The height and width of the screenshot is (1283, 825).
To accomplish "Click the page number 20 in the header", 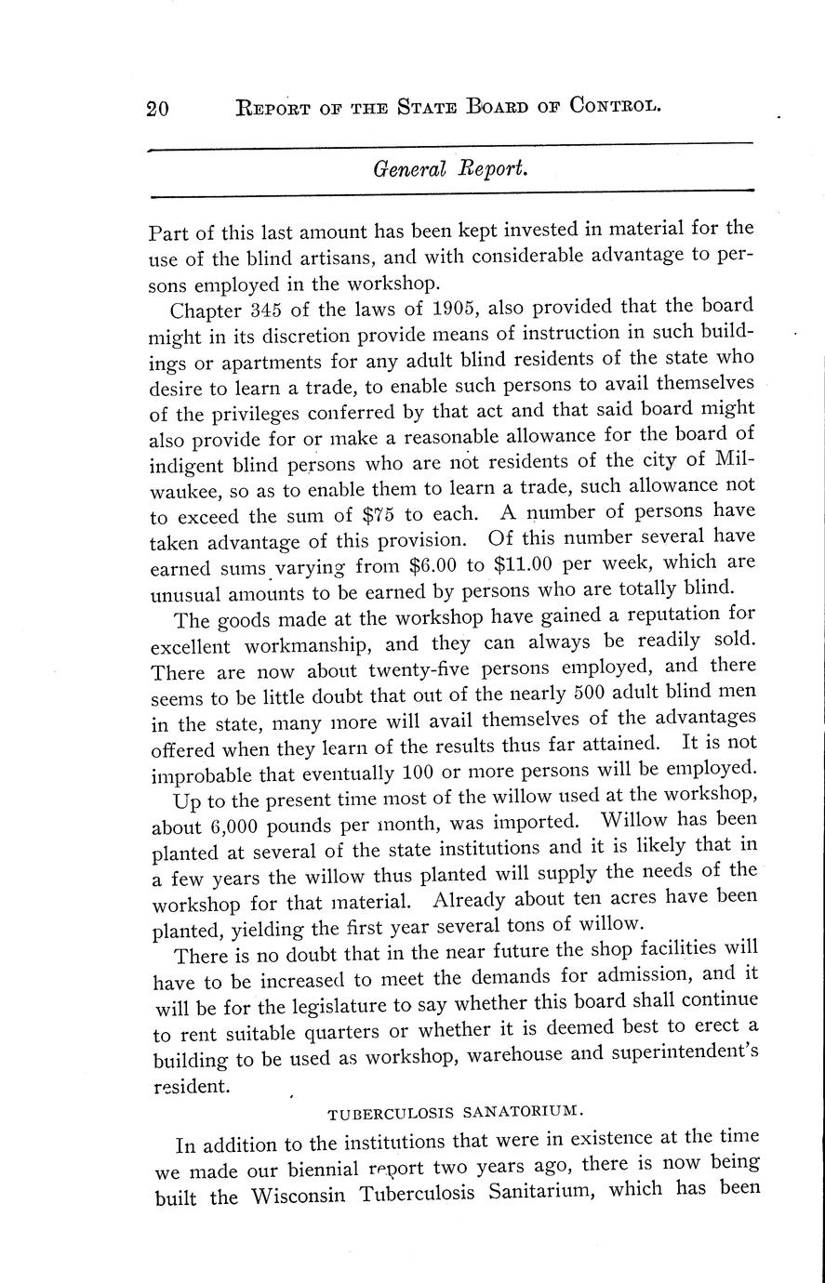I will (x=157, y=109).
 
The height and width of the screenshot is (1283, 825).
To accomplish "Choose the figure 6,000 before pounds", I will (x=225, y=825).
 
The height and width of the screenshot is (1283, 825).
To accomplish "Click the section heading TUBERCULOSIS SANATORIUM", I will (x=456, y=1110).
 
